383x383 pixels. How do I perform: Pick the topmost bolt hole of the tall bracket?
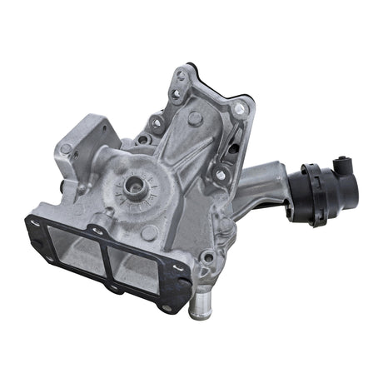(181, 76)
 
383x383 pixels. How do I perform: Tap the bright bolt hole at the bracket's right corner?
(241, 107)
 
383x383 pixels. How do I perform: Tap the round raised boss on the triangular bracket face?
(194, 119)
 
